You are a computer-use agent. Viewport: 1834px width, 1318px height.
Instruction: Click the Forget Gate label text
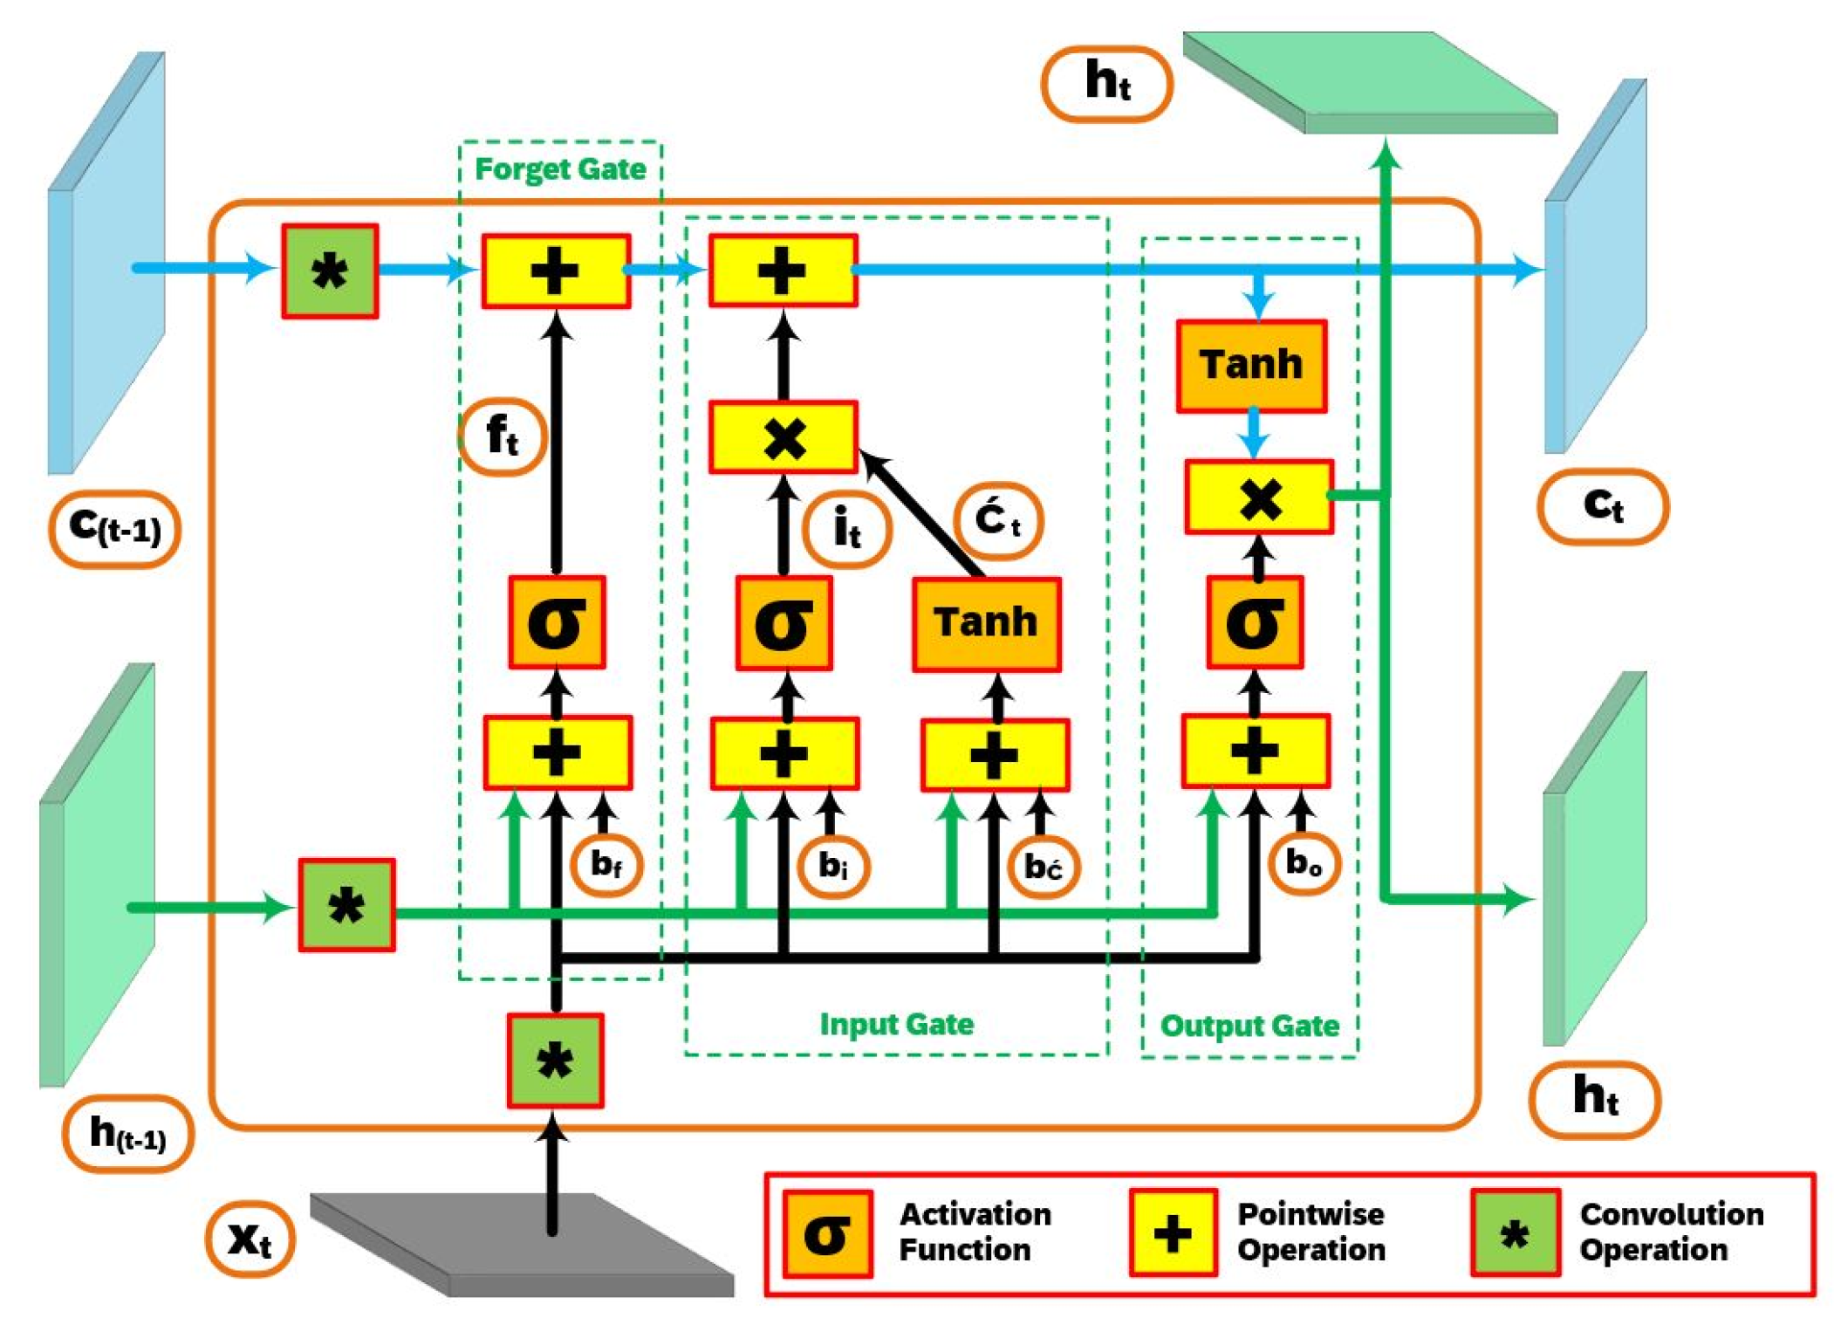pos(559,168)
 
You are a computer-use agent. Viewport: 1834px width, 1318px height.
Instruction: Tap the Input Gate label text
pos(896,1023)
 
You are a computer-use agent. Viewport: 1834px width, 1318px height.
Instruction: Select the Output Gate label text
pos(1249,1025)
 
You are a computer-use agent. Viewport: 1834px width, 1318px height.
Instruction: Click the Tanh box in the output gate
pos(1250,365)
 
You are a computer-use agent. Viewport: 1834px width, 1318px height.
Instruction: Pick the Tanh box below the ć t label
pos(986,623)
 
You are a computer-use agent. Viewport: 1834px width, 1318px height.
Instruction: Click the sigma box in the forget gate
pos(557,622)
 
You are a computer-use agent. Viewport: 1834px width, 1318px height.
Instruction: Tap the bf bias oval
pos(606,864)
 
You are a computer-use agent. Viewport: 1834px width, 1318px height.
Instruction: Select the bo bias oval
pos(1303,862)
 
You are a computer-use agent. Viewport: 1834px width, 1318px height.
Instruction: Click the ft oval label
pos(503,436)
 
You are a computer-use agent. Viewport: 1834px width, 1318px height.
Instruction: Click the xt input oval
pos(250,1239)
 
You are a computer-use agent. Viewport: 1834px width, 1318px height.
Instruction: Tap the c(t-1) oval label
pos(115,527)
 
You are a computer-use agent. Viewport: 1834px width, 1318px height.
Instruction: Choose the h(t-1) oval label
pos(127,1133)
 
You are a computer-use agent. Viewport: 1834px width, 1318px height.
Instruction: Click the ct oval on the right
pos(1602,506)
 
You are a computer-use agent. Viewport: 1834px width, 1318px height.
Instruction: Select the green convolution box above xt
pos(555,1061)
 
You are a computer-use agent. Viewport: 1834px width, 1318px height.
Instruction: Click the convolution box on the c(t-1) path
pos(330,271)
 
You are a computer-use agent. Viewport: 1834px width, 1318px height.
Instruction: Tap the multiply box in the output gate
pos(1258,497)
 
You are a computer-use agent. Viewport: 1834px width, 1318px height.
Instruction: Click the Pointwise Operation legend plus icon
pos(1172,1232)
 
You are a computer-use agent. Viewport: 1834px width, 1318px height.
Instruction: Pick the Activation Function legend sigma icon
pos(826,1232)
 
